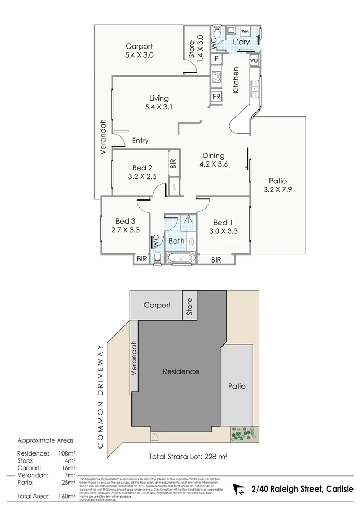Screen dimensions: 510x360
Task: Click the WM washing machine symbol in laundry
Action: (245, 31)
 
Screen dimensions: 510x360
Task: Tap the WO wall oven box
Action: (254, 61)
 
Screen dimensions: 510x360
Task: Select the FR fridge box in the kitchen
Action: (216, 97)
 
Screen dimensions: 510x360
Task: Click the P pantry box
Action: (216, 58)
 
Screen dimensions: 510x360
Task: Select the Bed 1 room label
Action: (223, 222)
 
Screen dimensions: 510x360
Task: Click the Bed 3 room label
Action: (125, 221)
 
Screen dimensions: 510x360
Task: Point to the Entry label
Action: (140, 141)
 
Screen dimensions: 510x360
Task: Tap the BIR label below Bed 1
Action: (216, 259)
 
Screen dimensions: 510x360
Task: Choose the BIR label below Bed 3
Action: (141, 259)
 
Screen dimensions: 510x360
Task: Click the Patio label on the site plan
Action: (237, 386)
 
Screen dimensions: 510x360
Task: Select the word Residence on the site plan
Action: (181, 371)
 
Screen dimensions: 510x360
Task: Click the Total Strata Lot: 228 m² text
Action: (188, 456)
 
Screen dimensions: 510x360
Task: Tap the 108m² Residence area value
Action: (66, 453)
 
